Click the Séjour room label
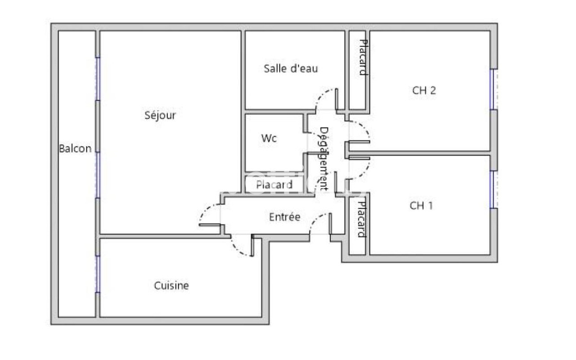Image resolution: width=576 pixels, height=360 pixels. click(160, 115)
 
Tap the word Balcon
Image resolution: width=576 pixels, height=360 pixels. click(75, 148)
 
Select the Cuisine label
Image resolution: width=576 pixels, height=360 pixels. click(171, 286)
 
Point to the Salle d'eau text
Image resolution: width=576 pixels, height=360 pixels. click(291, 68)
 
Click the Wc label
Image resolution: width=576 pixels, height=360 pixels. click(269, 139)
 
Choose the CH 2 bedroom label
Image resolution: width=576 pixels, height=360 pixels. click(424, 90)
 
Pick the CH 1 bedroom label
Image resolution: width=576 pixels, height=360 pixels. click(421, 206)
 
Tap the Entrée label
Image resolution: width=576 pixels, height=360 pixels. click(284, 217)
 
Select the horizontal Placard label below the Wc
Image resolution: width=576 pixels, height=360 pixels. click(274, 185)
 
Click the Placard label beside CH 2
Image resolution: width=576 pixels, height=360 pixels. click(362, 57)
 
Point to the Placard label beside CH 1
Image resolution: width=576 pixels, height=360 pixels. click(361, 219)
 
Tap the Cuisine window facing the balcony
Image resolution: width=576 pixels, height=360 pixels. click(97, 274)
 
